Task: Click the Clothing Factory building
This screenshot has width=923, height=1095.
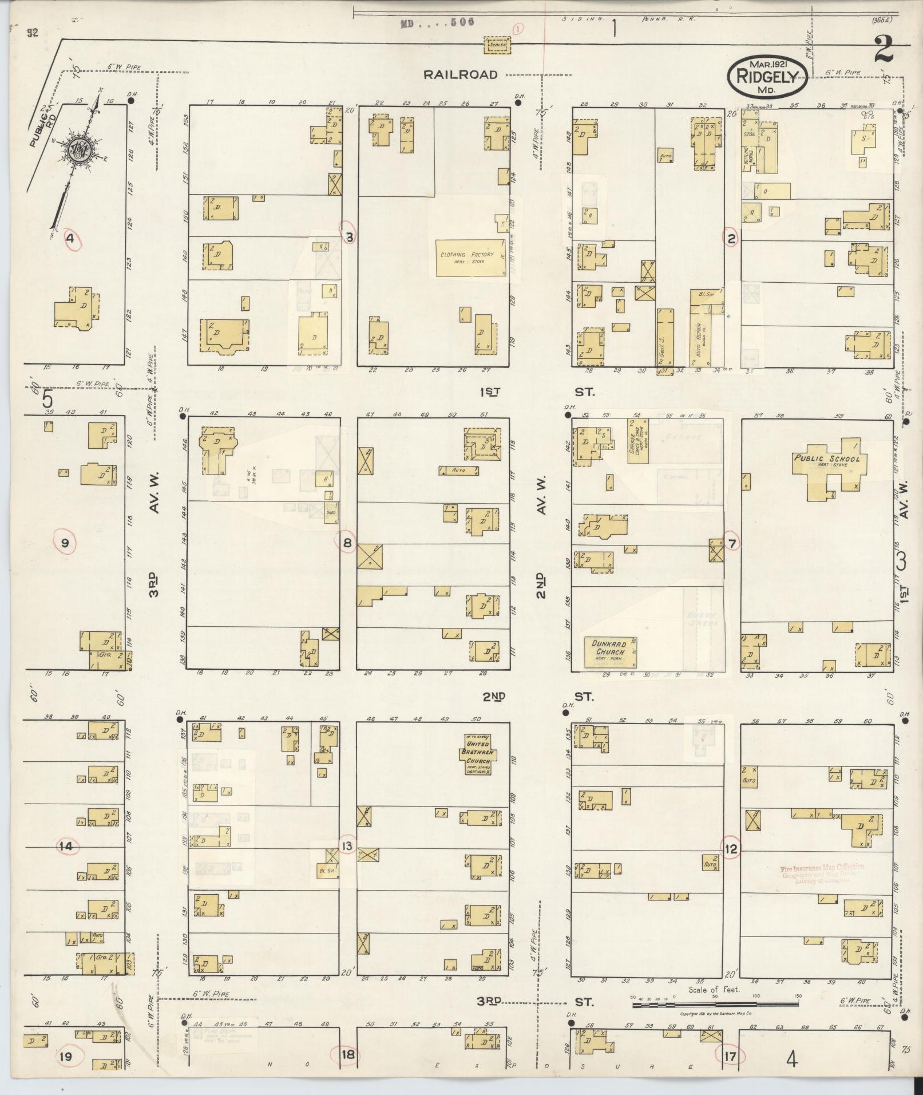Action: click(x=466, y=258)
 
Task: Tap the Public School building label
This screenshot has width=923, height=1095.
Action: click(x=826, y=458)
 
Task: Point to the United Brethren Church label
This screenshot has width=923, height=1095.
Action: click(x=478, y=753)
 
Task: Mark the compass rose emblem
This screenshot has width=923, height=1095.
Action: click(x=78, y=150)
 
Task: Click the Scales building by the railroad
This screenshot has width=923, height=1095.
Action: click(x=497, y=46)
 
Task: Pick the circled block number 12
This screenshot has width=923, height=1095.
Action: click(x=731, y=849)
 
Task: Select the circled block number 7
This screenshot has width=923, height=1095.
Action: click(x=731, y=543)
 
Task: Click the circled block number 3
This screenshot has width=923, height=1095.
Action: click(x=348, y=236)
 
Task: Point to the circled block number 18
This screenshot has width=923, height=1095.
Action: click(x=348, y=1055)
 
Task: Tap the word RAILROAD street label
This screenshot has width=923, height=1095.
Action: click(x=461, y=74)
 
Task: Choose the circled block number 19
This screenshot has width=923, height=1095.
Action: click(x=66, y=1057)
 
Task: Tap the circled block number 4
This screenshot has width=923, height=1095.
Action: click(x=70, y=238)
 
